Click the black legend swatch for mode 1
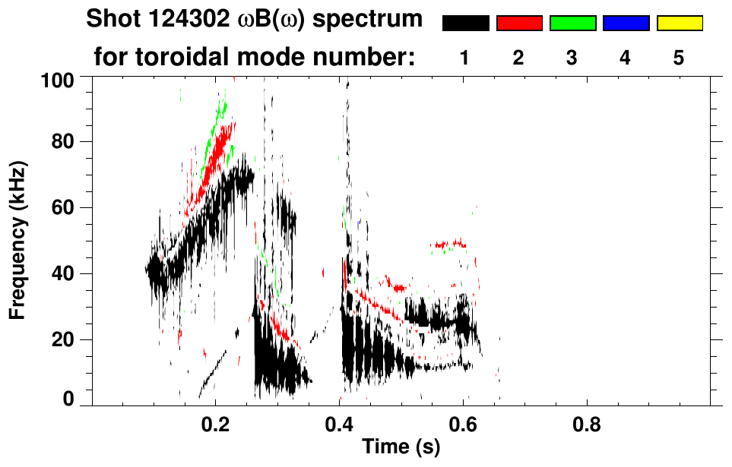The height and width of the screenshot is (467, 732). tap(466, 24)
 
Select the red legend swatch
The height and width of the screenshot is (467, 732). tap(519, 24)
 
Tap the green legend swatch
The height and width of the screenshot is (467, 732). tap(572, 24)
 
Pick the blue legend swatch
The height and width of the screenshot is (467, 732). tap(626, 24)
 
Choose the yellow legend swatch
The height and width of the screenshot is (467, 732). tap(680, 24)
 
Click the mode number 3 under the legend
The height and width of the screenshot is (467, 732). tap(572, 58)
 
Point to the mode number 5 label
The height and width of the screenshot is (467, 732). tap(680, 58)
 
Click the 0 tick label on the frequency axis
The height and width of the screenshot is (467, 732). tap(76, 399)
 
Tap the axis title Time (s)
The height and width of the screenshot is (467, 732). tap(401, 447)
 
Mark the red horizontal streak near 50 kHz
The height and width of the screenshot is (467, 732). tap(448, 245)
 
